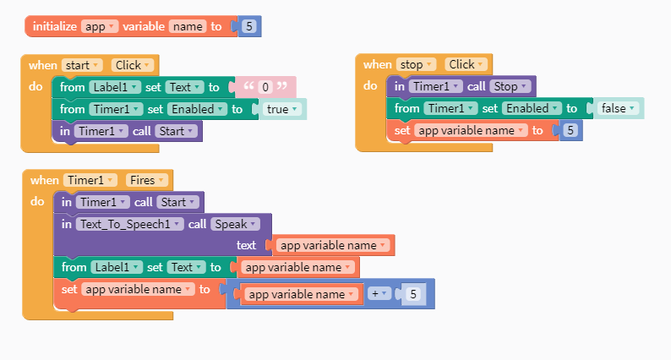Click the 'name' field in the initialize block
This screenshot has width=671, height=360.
pos(188,26)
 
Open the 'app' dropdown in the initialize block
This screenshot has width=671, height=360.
pos(99,26)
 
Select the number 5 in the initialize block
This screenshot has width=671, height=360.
pos(249,26)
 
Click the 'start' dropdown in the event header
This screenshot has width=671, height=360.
pos(82,65)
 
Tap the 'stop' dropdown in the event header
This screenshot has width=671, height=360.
pos(417,64)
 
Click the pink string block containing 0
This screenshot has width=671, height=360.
pos(265,87)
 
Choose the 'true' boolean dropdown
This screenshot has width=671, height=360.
pos(281,109)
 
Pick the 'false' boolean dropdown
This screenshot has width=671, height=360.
pos(617,108)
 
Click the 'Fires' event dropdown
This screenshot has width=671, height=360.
pos(147,180)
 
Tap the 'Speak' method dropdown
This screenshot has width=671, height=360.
pos(233,224)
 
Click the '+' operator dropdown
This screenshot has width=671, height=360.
pos(380,294)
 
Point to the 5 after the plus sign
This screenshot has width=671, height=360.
pos(412,294)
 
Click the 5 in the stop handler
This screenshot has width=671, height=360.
pos(571,130)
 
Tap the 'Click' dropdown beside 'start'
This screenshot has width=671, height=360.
pos(132,65)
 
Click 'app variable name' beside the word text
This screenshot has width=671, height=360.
pos(333,245)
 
